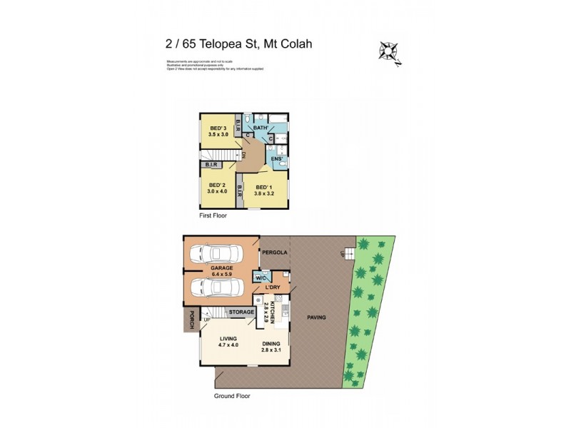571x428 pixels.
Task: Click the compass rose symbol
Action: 388,49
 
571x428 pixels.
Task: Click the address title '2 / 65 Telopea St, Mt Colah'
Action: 238,44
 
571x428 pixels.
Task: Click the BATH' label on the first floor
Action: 261,127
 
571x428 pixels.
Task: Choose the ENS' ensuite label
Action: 278,158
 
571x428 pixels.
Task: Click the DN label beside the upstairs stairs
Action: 243,154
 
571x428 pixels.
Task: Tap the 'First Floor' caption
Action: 213,215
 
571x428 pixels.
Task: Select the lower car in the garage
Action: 217,286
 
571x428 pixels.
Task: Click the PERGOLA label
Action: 273,253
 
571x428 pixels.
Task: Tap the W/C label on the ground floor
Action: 261,277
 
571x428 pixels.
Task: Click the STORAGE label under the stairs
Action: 241,312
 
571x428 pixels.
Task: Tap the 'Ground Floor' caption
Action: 232,395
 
